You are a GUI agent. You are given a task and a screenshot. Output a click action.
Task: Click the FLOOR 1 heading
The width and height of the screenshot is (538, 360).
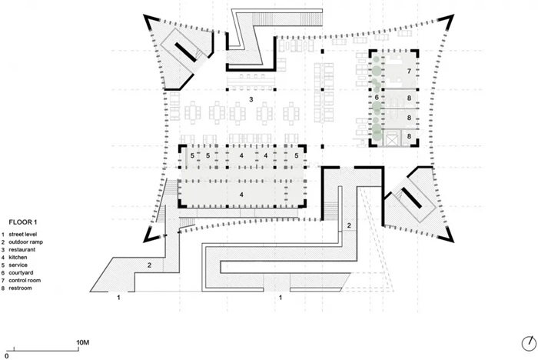click(x=22, y=222)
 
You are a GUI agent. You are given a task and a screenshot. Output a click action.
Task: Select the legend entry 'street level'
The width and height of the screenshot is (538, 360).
click(x=22, y=235)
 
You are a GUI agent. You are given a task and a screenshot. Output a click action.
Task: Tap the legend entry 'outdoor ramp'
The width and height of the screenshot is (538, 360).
click(x=25, y=242)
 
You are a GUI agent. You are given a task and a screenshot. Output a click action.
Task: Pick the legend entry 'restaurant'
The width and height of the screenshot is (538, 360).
click(x=22, y=250)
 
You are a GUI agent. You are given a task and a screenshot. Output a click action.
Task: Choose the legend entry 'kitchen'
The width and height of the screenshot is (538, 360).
click(x=18, y=257)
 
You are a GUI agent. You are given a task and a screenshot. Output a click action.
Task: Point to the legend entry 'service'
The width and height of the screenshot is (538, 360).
click(x=18, y=265)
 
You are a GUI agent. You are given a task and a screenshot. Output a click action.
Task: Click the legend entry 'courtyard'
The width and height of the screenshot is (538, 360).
click(x=21, y=273)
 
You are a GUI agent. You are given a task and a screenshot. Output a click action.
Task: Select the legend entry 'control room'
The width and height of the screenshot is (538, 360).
click(x=25, y=280)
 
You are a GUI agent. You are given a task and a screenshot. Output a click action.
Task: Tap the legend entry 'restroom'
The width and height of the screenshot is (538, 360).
click(x=20, y=288)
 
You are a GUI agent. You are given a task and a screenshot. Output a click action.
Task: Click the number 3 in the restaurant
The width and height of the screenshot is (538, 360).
click(x=251, y=99)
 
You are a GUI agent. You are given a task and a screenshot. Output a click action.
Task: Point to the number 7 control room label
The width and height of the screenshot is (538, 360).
click(x=409, y=71)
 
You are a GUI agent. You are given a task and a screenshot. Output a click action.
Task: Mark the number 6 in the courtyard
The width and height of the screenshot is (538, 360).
click(x=377, y=98)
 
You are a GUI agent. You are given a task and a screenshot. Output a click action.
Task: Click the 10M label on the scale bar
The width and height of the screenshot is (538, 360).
click(x=83, y=342)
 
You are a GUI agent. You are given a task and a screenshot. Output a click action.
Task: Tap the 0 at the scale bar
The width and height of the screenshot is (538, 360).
click(x=6, y=356)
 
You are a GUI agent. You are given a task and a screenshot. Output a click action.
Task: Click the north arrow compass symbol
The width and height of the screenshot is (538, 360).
click(x=529, y=344)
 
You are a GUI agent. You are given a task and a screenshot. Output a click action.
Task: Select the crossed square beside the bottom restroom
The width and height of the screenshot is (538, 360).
click(x=392, y=138)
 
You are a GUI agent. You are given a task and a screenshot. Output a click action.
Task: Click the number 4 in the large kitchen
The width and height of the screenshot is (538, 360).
click(x=241, y=195)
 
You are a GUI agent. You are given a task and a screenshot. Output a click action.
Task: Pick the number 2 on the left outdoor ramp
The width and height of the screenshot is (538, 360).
click(x=149, y=265)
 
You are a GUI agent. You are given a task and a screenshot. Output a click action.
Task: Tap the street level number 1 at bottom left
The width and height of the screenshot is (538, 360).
click(x=118, y=298)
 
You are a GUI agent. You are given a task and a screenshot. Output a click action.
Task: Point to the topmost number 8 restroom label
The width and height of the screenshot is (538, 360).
click(x=409, y=98)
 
